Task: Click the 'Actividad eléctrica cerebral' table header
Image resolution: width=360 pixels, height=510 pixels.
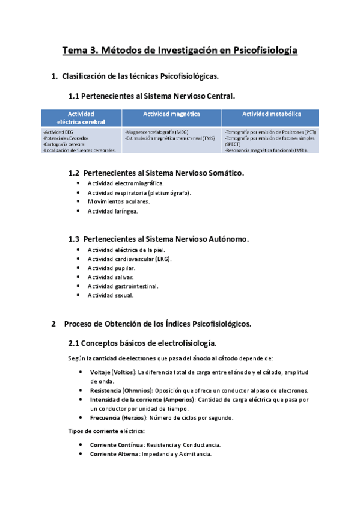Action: point(81,117)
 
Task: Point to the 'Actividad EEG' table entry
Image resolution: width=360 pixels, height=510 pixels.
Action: point(59,131)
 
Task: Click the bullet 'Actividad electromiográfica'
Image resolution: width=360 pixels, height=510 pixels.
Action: point(125,183)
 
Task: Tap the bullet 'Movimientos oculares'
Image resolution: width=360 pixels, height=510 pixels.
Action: point(118,202)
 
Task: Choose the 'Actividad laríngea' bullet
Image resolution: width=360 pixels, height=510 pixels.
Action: point(112,212)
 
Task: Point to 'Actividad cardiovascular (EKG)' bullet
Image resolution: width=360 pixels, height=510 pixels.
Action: point(129,259)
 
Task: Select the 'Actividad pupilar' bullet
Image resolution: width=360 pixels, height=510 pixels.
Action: point(111,268)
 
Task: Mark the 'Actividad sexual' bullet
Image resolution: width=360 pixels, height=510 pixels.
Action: point(111,296)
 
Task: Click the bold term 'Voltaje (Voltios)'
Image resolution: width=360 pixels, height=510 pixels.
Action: point(113,372)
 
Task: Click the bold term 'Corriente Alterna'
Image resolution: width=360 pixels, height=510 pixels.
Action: point(114,454)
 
